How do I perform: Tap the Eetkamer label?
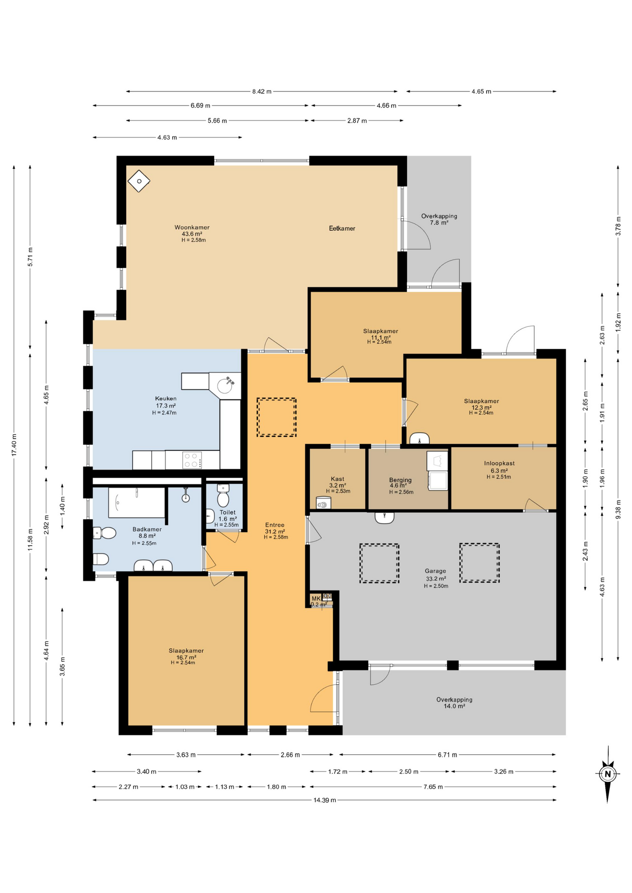point(342,228)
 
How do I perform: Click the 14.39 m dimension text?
point(324,800)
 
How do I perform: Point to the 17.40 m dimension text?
point(14,445)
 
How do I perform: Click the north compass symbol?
point(607,774)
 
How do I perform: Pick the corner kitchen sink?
point(226,386)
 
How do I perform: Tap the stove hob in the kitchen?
point(192,460)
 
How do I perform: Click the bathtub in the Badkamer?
point(136,502)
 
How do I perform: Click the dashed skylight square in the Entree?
point(276,417)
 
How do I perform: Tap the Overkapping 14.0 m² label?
point(454,702)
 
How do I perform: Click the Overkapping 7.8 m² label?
point(439,219)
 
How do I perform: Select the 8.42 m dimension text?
point(262,92)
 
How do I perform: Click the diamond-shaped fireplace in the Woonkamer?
point(139,181)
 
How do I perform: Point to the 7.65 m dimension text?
point(433,786)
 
